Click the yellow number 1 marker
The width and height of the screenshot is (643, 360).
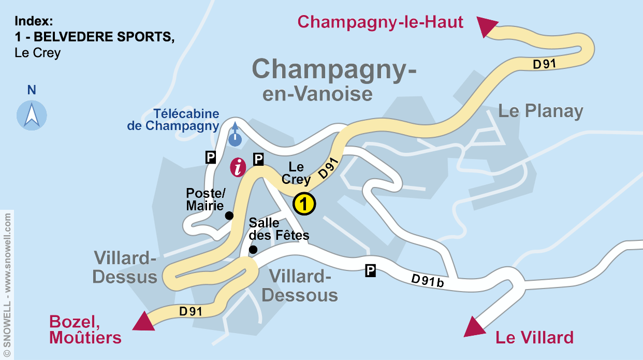click(x=304, y=204)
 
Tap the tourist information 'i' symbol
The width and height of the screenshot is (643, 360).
click(x=238, y=167)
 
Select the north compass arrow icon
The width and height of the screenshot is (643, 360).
click(x=32, y=115)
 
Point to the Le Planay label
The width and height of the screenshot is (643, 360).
click(x=540, y=111)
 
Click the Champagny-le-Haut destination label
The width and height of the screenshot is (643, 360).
click(x=381, y=22)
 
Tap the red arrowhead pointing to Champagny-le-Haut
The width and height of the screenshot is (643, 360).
click(x=486, y=25)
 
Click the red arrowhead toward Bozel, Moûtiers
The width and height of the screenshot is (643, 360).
click(x=144, y=321)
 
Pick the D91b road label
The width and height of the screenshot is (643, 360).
click(x=428, y=281)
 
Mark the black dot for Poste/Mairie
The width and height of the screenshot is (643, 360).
click(x=229, y=215)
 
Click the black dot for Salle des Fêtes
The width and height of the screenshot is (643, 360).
click(x=253, y=250)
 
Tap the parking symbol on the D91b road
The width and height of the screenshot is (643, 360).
click(x=370, y=270)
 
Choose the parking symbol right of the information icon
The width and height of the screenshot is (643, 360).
click(x=258, y=160)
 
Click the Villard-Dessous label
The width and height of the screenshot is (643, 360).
click(x=300, y=286)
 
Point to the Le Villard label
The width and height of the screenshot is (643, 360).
click(x=534, y=338)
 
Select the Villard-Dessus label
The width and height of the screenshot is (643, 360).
click(x=125, y=267)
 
